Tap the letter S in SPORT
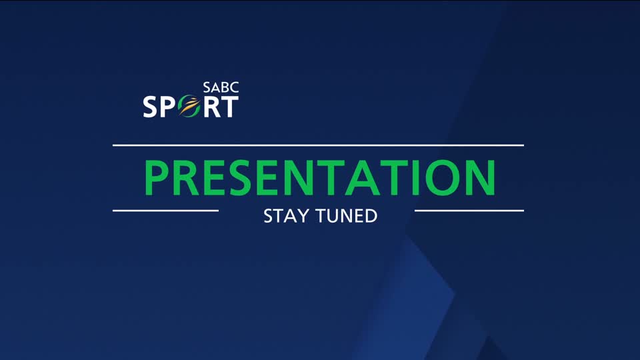151,107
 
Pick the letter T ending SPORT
228,107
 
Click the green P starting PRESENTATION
158,177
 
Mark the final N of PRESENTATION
480,177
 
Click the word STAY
283,216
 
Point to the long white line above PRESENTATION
318,145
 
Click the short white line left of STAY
165,211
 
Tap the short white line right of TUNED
469,211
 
